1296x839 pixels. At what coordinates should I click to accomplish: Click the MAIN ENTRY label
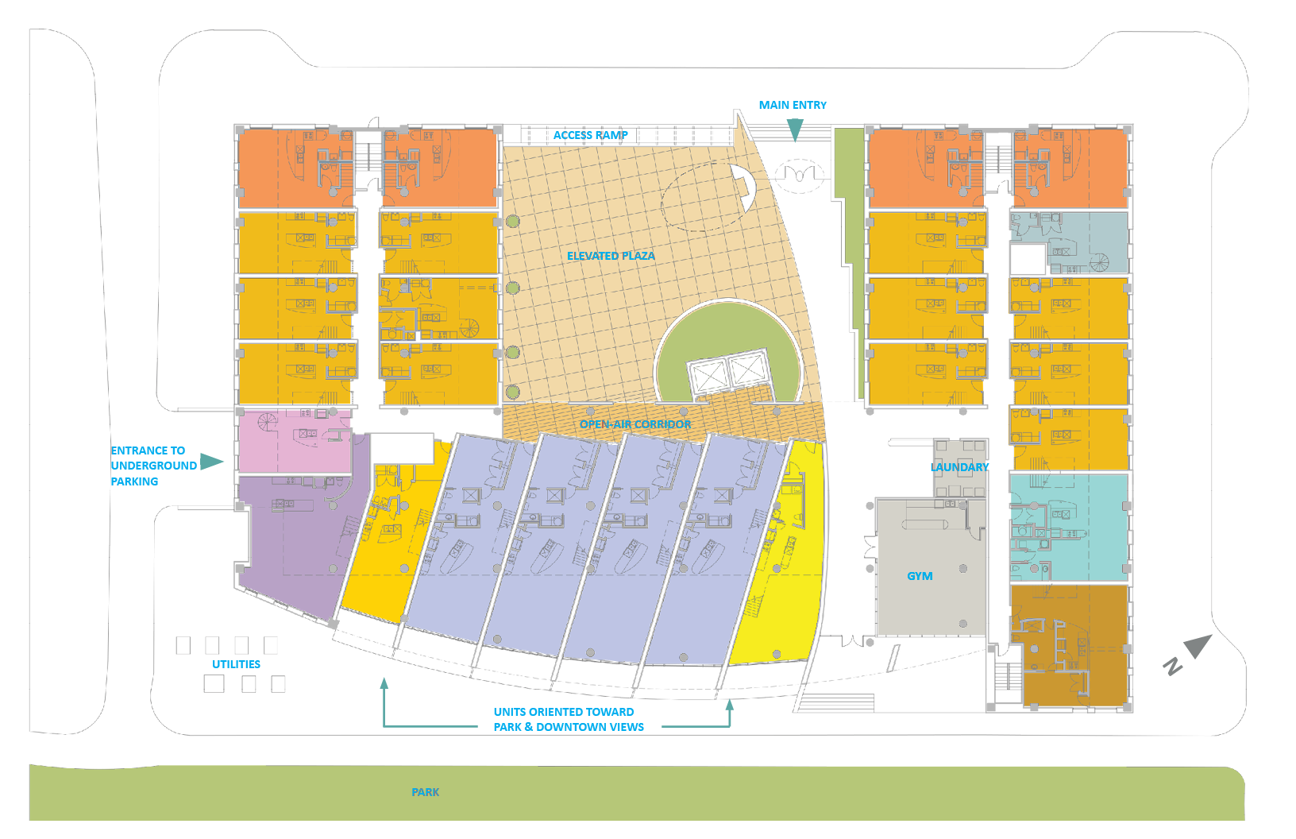[x=792, y=105]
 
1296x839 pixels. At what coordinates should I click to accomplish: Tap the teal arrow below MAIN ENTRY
[x=794, y=130]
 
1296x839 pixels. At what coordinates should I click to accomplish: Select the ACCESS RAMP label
[x=590, y=135]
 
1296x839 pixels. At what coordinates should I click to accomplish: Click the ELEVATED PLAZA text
[x=611, y=256]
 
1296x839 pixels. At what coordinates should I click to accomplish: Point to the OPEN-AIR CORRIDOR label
[x=634, y=424]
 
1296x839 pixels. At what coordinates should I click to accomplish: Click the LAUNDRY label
[x=959, y=467]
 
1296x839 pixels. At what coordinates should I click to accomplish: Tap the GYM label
[x=920, y=576]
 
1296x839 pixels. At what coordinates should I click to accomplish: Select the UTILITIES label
[x=236, y=664]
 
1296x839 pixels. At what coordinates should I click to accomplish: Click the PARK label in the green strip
[x=425, y=792]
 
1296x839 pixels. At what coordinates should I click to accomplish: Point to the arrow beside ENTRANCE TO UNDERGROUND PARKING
[x=211, y=462]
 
